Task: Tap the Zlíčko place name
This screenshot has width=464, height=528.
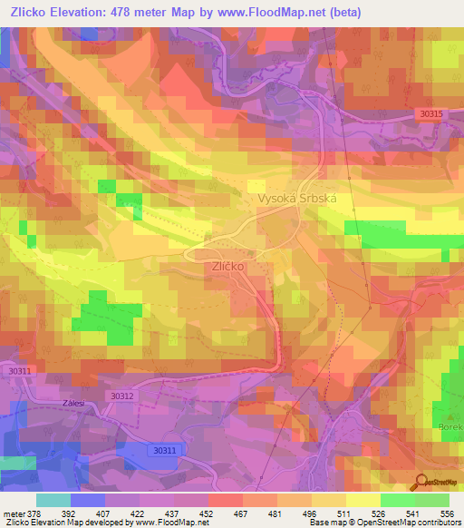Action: click(x=229, y=268)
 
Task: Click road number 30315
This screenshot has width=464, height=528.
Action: click(x=431, y=113)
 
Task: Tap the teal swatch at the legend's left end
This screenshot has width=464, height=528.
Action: click(x=53, y=499)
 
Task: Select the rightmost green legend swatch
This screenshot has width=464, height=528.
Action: click(x=432, y=499)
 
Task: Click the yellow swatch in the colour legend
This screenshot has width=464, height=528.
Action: click(x=362, y=499)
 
